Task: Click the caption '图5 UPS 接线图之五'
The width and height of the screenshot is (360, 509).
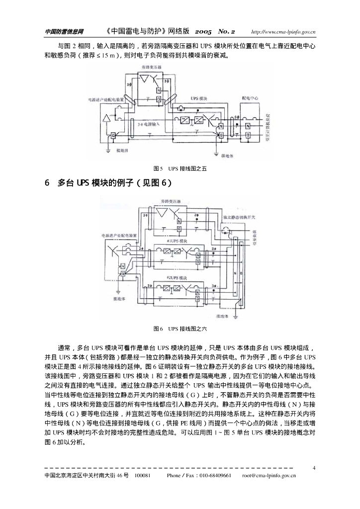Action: (x=180, y=169)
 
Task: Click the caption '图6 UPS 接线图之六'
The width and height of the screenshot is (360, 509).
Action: (x=180, y=329)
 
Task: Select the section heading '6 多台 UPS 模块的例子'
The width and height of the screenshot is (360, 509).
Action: (x=108, y=183)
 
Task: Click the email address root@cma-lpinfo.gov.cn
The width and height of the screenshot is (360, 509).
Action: (x=269, y=475)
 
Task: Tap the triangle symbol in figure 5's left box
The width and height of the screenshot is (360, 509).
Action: (x=106, y=118)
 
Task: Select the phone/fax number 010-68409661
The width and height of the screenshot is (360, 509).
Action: (x=215, y=475)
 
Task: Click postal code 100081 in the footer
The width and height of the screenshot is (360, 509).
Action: (x=143, y=475)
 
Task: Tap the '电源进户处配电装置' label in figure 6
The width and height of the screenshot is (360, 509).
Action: (x=118, y=235)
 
